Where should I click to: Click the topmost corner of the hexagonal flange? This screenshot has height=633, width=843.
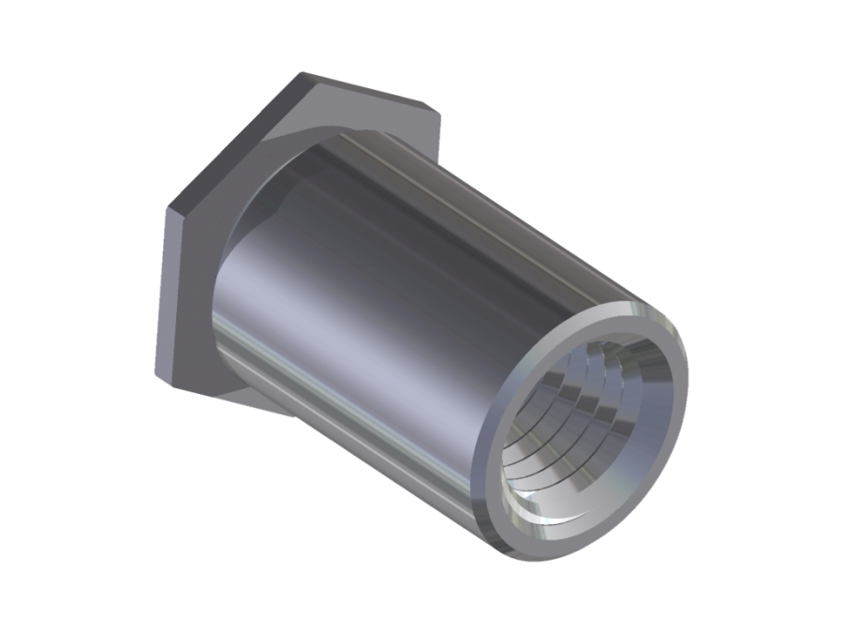(x=305, y=71)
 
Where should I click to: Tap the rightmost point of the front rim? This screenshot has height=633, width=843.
(x=688, y=375)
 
